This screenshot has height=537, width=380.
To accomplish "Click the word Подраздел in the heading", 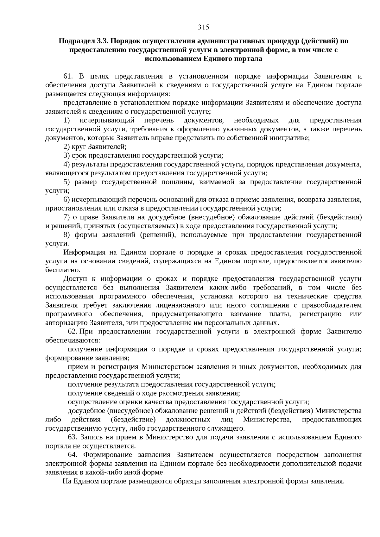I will (x=75, y=41).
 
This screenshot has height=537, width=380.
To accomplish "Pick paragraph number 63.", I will (x=73, y=437).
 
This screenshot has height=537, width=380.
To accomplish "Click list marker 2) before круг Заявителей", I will (x=66, y=147).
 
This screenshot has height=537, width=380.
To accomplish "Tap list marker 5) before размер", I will (x=66, y=182).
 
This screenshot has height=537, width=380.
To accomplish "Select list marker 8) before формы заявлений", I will (x=66, y=235).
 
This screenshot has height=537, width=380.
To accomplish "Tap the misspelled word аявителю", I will (x=344, y=261).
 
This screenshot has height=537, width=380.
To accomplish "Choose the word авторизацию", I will (x=66, y=323).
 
